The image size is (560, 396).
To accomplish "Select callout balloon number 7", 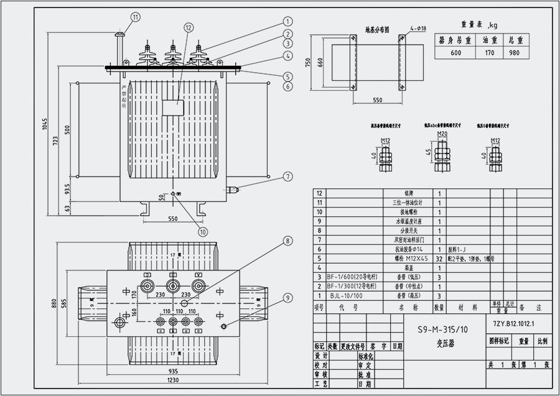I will point(287,177).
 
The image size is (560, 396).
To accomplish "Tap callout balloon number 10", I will point(202,232).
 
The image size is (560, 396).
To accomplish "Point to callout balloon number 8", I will point(287,240).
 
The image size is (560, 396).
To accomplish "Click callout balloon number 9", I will point(287,298).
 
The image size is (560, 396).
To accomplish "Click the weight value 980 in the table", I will point(513,53).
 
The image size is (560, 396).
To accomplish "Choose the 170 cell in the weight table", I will point(489,53).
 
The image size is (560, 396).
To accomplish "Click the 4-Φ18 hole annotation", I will point(418,29).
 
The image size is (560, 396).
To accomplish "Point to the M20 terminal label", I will point(442,134).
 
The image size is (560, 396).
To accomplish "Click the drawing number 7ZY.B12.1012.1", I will point(513,325).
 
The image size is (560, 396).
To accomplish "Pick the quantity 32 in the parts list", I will point(439,257).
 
